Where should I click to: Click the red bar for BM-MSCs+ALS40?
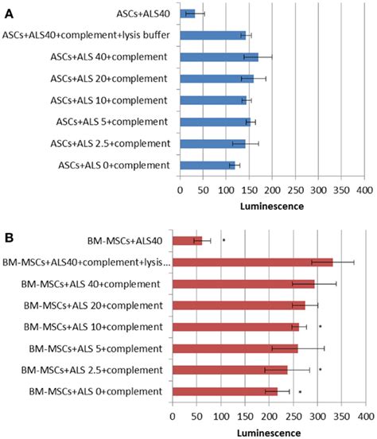tap(187, 239)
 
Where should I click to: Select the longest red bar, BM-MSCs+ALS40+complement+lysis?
tap(252, 262)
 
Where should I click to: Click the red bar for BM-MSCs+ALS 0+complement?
tap(224, 391)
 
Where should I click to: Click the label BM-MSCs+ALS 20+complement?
tap(94, 305)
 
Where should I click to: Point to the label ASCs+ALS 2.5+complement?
tap(113, 143)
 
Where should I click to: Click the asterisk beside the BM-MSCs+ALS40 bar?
tap(224, 239)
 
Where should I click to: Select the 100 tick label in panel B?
tap(220, 415)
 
